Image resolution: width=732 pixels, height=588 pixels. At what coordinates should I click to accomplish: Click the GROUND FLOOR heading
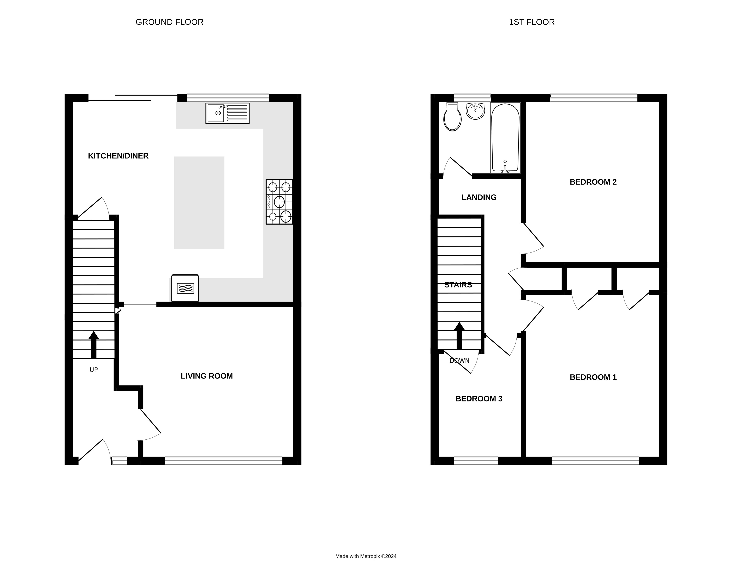[169, 22]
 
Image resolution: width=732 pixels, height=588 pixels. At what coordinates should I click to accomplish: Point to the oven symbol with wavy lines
[185, 288]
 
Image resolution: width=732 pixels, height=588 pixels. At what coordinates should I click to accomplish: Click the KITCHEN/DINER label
[118, 156]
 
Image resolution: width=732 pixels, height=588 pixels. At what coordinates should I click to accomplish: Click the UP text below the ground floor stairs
[94, 370]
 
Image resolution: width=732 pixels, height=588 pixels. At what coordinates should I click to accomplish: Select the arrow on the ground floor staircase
[94, 344]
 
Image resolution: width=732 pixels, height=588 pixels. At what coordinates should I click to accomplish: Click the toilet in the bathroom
[452, 117]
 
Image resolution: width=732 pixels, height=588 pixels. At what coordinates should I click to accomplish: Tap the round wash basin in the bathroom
[475, 111]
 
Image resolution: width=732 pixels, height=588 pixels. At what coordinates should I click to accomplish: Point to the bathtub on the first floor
[505, 138]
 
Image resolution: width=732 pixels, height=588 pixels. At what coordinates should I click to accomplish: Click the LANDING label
[479, 197]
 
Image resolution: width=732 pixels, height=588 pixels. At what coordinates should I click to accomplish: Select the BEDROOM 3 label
[479, 399]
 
